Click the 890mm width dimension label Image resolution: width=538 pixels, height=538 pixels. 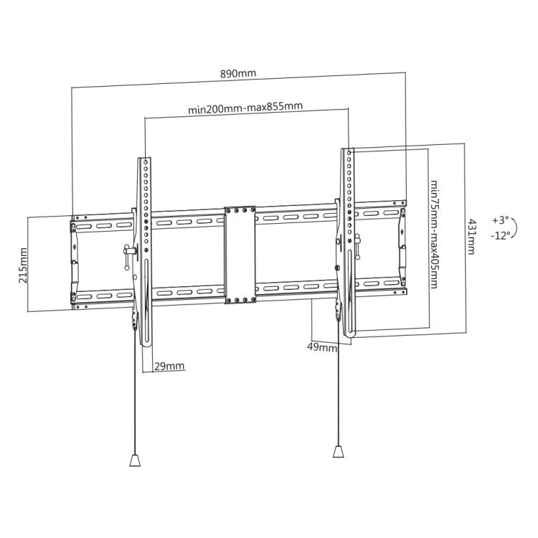point(238,73)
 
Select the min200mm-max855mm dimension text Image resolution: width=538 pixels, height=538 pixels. point(245,107)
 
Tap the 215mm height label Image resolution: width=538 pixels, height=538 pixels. point(23,265)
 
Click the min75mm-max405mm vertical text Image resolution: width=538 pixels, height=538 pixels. point(435,234)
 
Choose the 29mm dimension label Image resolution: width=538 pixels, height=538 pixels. point(169,366)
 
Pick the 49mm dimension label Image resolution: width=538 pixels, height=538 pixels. point(322,347)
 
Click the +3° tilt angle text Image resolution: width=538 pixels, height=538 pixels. point(499,220)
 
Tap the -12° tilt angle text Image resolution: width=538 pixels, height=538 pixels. point(500,235)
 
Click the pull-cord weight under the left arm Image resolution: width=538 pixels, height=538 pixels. point(135,460)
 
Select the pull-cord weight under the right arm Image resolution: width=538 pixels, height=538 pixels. point(339,451)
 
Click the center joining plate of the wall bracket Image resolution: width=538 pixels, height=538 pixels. point(240,255)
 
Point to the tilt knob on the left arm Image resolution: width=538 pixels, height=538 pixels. point(128,255)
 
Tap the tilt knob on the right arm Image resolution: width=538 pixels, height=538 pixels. point(357,246)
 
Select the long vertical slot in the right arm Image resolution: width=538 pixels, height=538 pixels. point(349,291)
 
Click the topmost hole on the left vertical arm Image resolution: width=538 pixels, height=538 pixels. point(145,161)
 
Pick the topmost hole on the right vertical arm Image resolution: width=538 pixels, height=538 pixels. point(349,151)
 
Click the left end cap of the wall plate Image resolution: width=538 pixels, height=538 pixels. point(74,262)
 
